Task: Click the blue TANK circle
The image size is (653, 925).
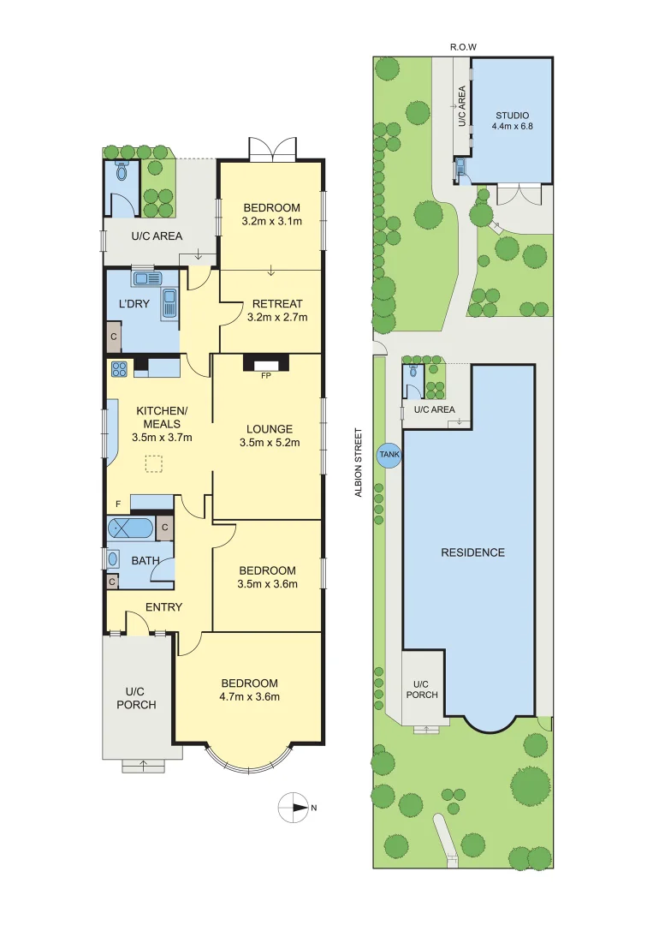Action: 389,456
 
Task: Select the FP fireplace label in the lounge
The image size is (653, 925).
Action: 265,375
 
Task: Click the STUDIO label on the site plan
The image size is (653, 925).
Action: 512,115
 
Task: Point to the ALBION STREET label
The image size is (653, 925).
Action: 360,462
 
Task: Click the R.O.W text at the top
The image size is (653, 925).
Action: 464,47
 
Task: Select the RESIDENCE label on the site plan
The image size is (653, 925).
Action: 472,552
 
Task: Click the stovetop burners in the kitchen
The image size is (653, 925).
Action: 119,369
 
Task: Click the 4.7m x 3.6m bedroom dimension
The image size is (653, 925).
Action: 250,696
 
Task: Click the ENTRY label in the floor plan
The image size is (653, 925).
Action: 163,607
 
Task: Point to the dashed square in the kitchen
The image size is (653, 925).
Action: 153,464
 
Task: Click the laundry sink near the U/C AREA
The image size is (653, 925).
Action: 142,278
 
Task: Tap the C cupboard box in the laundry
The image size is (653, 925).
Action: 113,337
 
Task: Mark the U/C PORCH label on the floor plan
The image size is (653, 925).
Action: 140,698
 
